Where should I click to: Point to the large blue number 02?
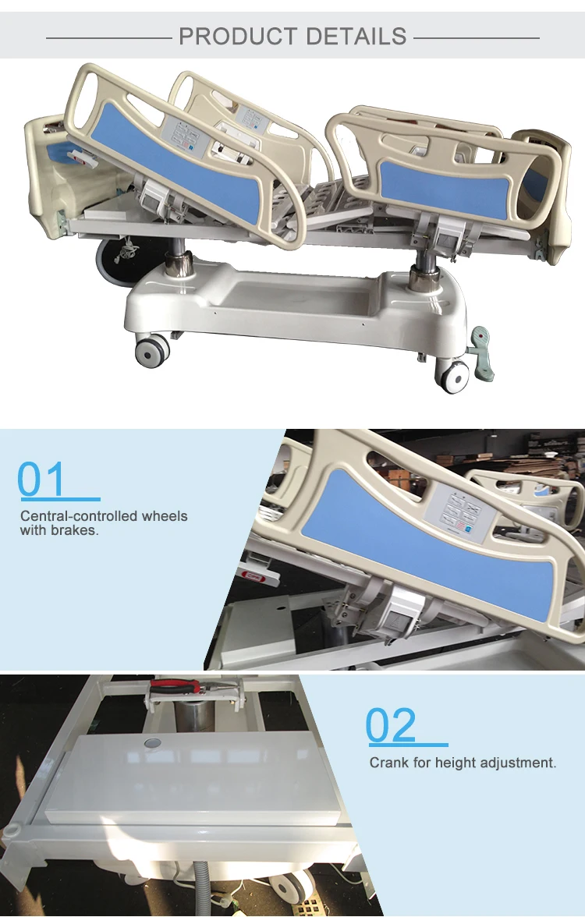(392, 726)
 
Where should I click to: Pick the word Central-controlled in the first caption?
(70, 516)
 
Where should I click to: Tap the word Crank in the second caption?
(389, 763)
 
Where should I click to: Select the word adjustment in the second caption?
(519, 763)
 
